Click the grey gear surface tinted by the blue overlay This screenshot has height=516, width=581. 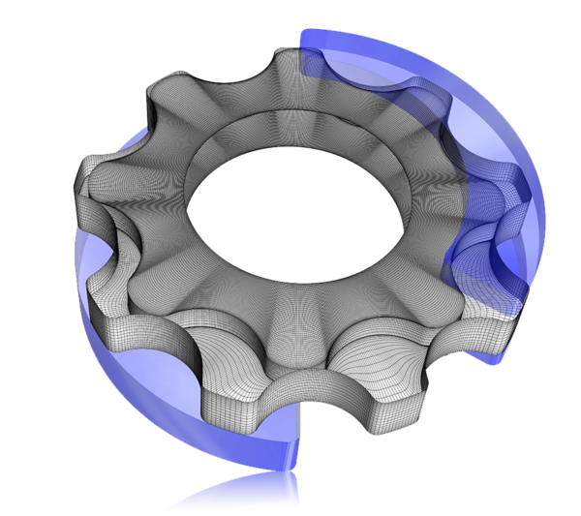click(x=426, y=145)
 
